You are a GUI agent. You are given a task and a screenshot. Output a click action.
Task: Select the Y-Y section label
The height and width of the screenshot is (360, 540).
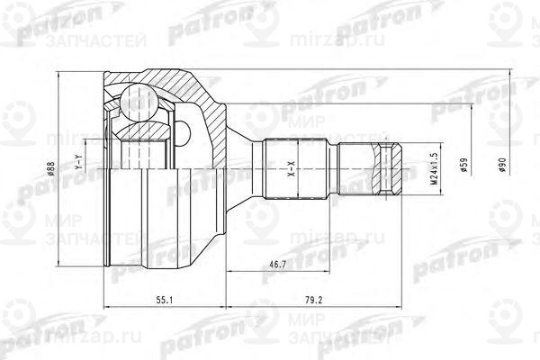click(79, 162)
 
